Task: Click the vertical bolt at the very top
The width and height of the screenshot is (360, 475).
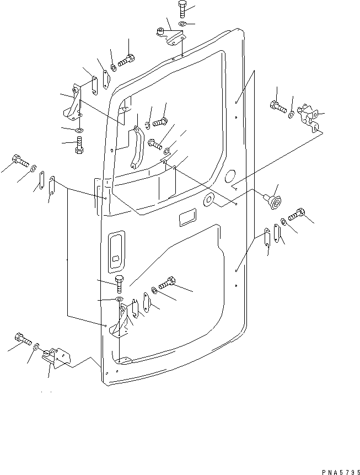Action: (183, 9)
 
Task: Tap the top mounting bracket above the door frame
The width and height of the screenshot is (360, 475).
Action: (171, 38)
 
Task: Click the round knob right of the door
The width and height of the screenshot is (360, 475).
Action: (272, 200)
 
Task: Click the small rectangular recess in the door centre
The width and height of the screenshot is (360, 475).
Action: (185, 218)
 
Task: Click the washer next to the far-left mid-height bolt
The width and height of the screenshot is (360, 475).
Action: (33, 168)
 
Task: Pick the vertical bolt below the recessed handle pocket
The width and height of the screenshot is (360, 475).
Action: (120, 284)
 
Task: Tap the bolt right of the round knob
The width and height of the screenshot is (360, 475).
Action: (297, 212)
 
